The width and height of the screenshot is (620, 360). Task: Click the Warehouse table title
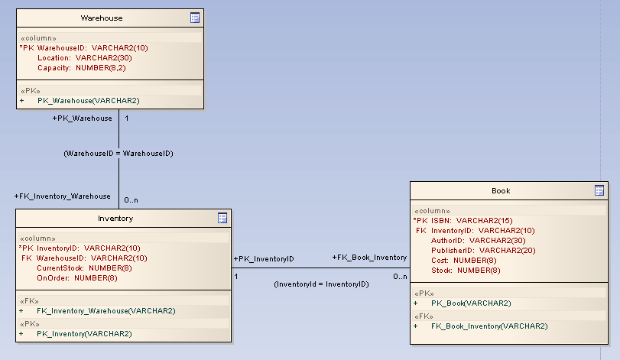click(102, 18)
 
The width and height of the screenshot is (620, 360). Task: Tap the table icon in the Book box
click(599, 190)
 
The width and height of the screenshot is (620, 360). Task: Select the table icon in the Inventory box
click(222, 218)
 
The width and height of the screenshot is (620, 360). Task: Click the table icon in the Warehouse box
click(195, 18)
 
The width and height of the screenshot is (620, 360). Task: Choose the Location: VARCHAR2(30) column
click(84, 57)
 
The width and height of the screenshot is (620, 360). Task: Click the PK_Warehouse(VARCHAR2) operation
click(88, 100)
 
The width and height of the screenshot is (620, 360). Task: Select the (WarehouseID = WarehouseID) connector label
click(118, 154)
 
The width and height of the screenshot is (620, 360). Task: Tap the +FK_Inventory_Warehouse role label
click(63, 196)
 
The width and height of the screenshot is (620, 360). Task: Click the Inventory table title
click(115, 218)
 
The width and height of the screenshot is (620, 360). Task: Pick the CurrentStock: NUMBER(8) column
click(85, 268)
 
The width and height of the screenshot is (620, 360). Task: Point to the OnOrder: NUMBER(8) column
click(77, 277)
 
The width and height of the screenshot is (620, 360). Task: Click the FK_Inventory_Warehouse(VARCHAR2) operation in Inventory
click(105, 310)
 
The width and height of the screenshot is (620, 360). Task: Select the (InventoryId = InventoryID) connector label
click(321, 284)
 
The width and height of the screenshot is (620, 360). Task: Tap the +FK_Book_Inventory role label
click(369, 258)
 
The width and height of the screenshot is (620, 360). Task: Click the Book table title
click(501, 190)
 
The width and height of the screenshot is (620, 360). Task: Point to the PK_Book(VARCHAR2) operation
click(471, 303)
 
